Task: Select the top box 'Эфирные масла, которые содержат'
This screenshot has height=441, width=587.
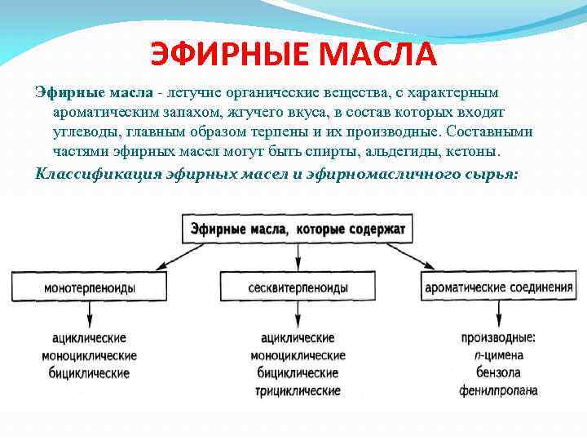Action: (298, 229)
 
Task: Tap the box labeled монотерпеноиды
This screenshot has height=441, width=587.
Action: (90, 287)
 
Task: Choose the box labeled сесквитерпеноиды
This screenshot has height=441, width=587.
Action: (298, 287)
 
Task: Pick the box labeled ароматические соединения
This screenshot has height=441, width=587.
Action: (498, 287)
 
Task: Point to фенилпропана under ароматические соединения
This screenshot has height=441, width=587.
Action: (498, 390)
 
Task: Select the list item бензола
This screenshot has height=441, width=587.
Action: (498, 372)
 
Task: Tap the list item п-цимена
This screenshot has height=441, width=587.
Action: (498, 355)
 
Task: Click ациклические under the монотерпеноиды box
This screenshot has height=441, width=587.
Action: (90, 337)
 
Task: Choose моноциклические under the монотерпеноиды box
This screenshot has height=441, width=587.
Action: (90, 355)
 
